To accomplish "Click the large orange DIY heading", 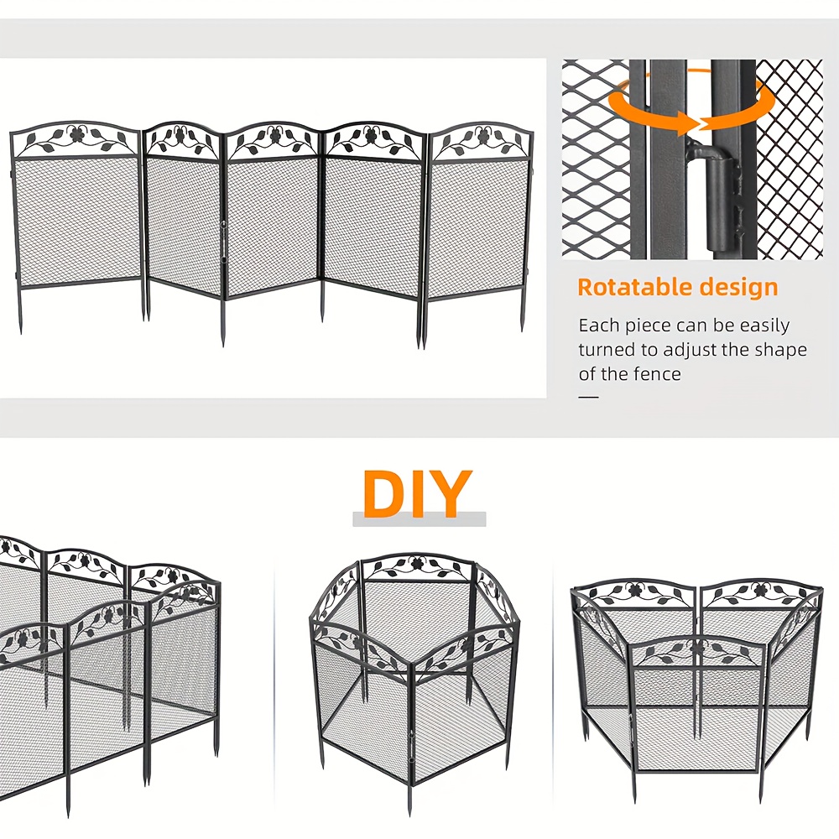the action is tap(417, 493).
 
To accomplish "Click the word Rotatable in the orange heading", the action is tap(633, 287).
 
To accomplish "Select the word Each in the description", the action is tap(598, 326).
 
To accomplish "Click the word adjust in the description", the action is tap(689, 350).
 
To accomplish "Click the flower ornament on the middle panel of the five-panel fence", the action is tap(274, 135).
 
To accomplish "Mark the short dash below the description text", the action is tap(589, 397).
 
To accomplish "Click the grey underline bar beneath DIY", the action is tap(419, 519).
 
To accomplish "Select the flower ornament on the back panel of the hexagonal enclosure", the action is tap(418, 564).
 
